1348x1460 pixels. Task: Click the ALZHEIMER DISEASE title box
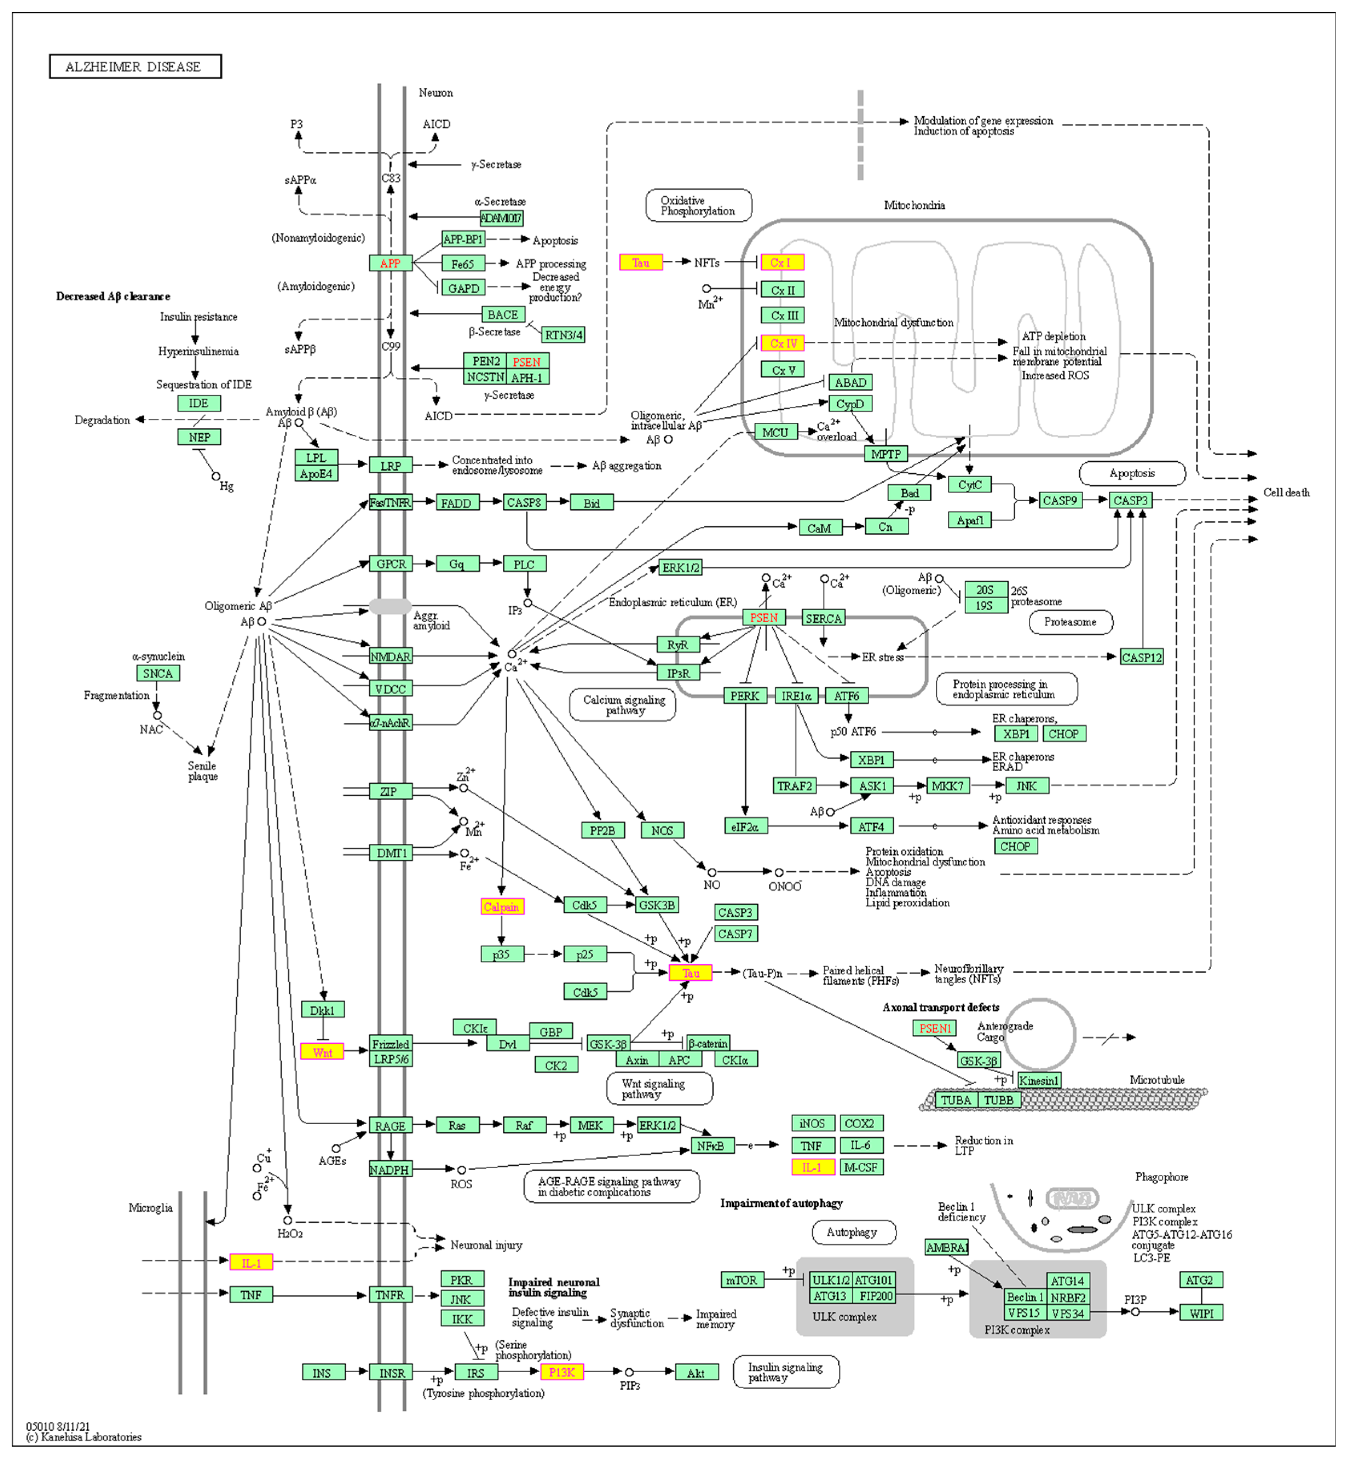[135, 67]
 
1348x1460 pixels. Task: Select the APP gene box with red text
[390, 263]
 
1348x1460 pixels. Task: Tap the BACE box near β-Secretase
[503, 315]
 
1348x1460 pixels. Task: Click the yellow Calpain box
[502, 907]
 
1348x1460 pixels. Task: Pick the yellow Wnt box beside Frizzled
[322, 1052]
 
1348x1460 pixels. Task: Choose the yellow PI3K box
[562, 1372]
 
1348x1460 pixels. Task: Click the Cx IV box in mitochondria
[783, 343]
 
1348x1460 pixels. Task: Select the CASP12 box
[1141, 657]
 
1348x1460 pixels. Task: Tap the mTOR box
[742, 1280]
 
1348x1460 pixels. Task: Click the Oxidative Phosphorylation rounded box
[698, 206]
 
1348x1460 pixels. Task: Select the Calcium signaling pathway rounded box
[624, 705]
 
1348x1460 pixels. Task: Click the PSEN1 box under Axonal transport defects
[935, 1028]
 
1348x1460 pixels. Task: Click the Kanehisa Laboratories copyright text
[84, 1437]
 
